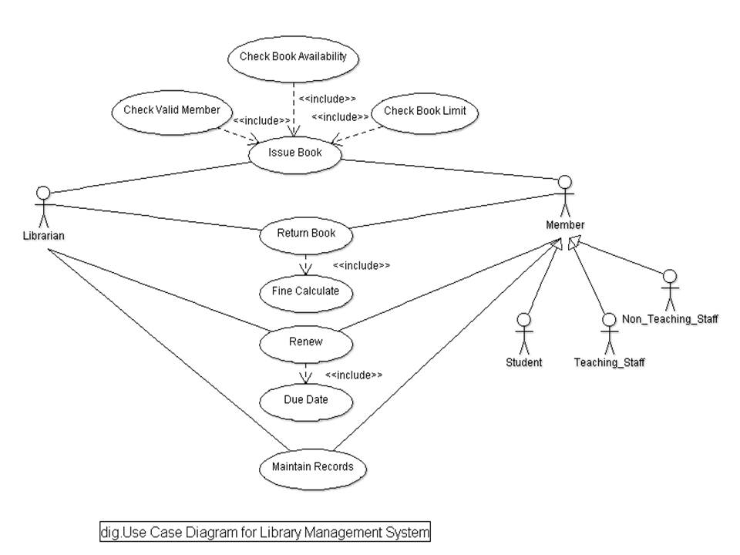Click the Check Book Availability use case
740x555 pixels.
(294, 56)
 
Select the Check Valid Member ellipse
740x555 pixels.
(171, 110)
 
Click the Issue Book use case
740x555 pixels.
(294, 153)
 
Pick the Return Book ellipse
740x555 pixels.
(306, 233)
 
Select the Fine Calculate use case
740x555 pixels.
(306, 291)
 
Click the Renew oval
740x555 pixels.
(306, 341)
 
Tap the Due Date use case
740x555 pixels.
(306, 400)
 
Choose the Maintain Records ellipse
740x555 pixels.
(313, 466)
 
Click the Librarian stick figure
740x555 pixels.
(43, 206)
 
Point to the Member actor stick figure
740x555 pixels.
(565, 196)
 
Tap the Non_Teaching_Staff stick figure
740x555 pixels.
(670, 291)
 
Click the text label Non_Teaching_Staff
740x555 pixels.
(670, 318)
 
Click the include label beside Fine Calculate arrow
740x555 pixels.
(362, 265)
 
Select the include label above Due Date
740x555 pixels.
(354, 375)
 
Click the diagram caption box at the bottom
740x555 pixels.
(265, 532)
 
